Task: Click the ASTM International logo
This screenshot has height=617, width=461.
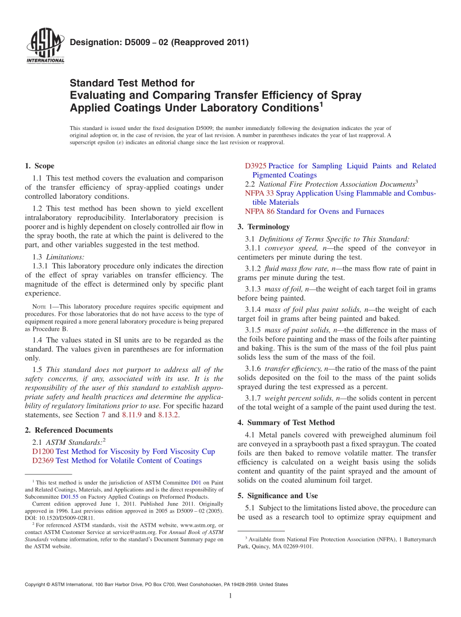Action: click(x=45, y=47)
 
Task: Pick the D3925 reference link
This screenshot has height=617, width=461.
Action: click(x=256, y=166)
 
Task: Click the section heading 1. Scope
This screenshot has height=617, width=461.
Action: click(x=39, y=166)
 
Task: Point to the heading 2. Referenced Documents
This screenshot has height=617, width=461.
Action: click(x=69, y=430)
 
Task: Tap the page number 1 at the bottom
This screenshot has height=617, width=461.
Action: click(x=230, y=596)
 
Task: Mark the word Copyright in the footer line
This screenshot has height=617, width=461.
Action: click(x=37, y=585)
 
